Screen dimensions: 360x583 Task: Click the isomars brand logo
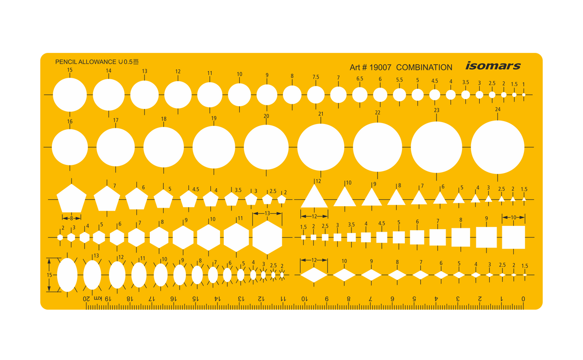493,66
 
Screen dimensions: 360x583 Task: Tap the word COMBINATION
424,68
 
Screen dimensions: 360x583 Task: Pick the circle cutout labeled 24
497,147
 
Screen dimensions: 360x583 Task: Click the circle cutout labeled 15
70,95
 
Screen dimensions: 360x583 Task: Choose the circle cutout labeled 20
266,147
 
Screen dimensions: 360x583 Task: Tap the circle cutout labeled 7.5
316,95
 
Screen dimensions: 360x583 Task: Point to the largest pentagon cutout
72,198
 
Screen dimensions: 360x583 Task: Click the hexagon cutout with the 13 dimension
267,237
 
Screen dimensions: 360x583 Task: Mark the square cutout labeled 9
486,237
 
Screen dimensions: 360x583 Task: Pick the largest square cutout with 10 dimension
513,237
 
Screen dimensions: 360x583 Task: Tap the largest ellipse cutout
67,275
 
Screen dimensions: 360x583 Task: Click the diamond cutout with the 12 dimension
314,275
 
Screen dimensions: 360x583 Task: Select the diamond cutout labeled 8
397,275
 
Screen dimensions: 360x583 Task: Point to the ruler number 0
523,299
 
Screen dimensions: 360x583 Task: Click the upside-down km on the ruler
95,299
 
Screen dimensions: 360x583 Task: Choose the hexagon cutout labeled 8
159,237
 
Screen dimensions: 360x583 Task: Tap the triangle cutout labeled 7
419,198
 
